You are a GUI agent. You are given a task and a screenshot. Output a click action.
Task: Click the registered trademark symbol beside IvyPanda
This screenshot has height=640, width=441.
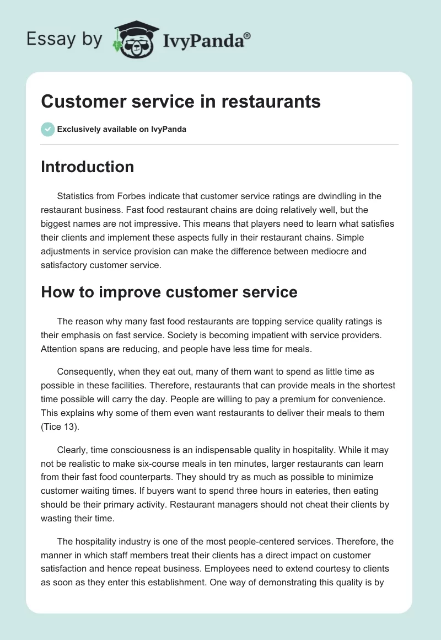(248, 35)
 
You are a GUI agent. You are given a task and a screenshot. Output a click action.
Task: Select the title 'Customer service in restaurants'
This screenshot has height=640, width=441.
(181, 102)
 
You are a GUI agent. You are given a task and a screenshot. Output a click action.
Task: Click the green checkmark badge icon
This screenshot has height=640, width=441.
(47, 129)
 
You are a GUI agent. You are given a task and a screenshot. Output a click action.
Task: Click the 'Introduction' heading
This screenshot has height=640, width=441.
(87, 167)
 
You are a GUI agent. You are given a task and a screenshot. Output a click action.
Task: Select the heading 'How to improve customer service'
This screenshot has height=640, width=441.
(169, 292)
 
